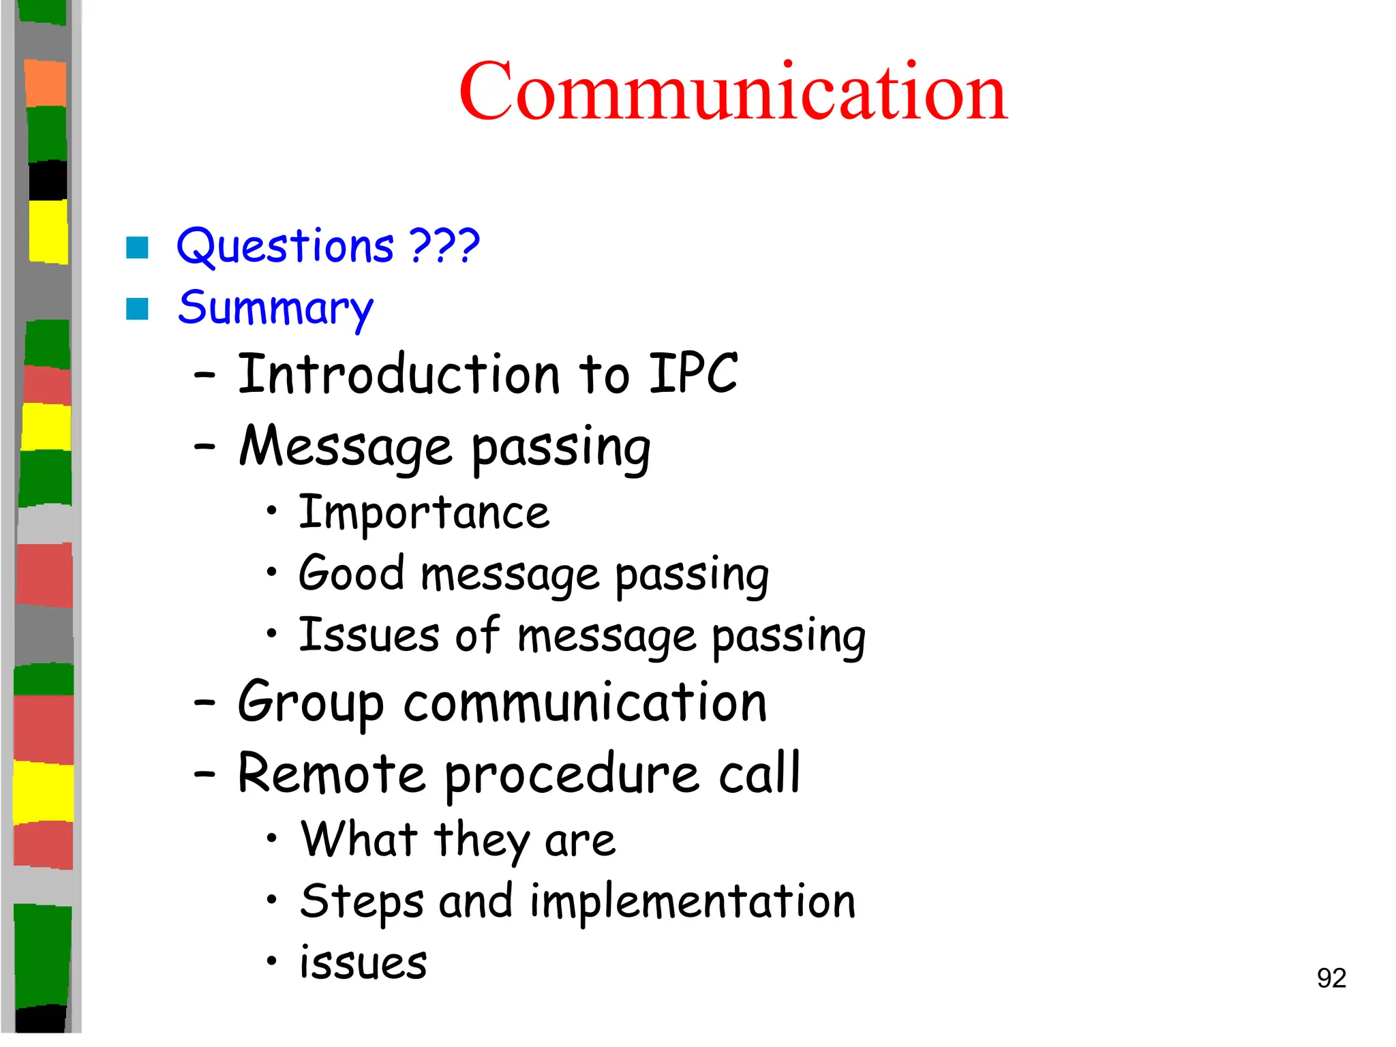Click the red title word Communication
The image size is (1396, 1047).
[x=733, y=91]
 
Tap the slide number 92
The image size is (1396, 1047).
[x=1331, y=978]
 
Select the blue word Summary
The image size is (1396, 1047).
[x=275, y=309]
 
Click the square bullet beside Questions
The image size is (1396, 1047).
[x=137, y=247]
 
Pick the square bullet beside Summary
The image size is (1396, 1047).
[x=137, y=309]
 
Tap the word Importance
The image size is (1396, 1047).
[x=424, y=513]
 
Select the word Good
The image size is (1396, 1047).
[x=352, y=573]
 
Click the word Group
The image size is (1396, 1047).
[x=310, y=703]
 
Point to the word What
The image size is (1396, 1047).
[x=359, y=839]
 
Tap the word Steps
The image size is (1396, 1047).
[x=361, y=902]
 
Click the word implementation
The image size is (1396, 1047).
[x=692, y=902]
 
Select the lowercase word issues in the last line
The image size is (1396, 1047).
[x=363, y=962]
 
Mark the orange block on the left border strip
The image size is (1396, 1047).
[x=46, y=83]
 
